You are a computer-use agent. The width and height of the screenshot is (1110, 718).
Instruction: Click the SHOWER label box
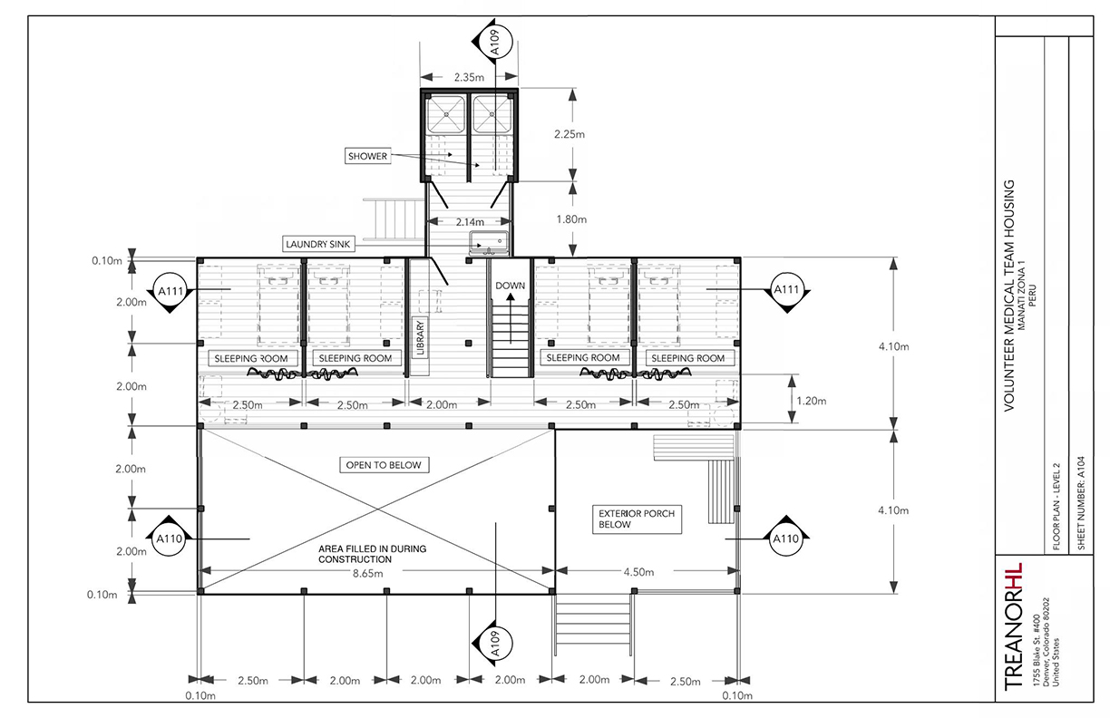[367, 157]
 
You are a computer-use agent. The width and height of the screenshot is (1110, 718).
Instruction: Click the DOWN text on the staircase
[510, 286]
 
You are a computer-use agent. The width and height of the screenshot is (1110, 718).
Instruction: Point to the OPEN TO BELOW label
[385, 465]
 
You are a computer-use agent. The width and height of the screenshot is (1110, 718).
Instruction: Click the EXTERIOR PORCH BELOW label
[637, 519]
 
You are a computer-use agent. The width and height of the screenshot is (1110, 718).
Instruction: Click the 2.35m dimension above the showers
[469, 77]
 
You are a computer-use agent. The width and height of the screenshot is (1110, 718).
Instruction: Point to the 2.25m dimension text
[570, 134]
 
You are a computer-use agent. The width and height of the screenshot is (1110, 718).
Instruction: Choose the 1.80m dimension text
[570, 219]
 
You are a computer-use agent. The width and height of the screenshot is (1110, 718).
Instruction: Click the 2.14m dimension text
[469, 221]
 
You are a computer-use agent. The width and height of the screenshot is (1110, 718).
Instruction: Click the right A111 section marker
[785, 289]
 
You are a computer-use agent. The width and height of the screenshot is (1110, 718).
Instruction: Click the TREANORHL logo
[1013, 627]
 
